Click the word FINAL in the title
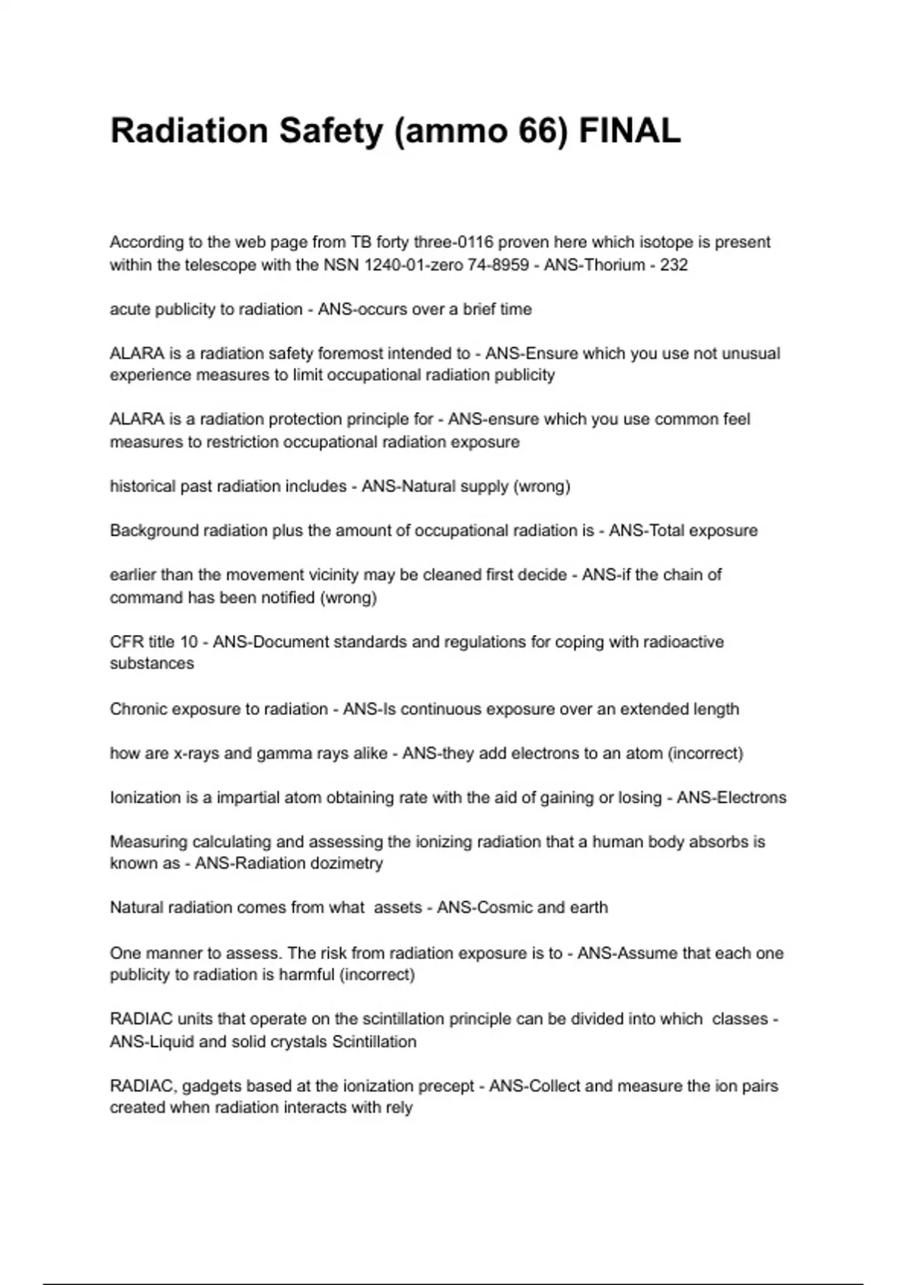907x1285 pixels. coord(630,131)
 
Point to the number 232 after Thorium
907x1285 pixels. coord(674,265)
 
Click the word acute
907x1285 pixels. coord(130,309)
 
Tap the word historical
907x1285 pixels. coord(142,486)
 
